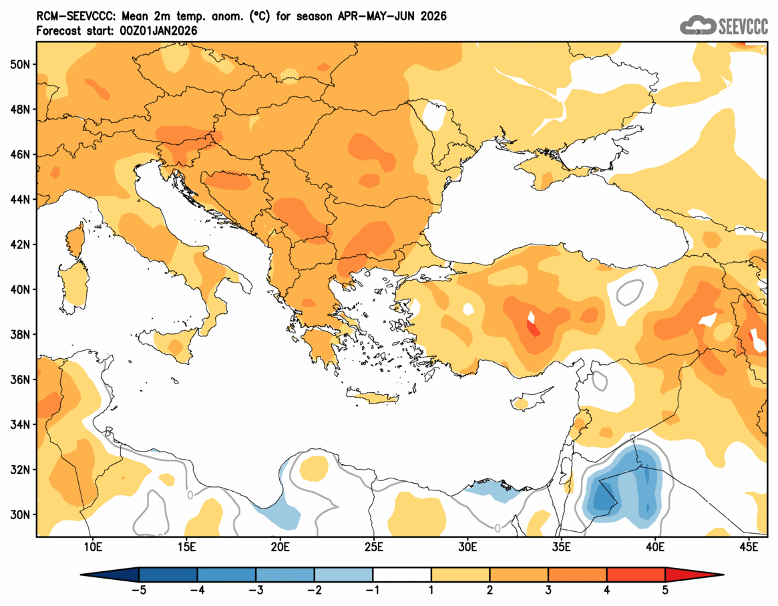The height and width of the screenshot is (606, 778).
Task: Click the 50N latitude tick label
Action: (21, 64)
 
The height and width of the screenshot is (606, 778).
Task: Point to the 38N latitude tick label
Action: (21, 335)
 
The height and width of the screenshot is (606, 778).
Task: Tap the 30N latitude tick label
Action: (21, 514)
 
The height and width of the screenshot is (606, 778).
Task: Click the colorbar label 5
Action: (665, 591)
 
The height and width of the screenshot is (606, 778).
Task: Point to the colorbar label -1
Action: (373, 591)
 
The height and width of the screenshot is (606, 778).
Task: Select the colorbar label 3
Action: (548, 591)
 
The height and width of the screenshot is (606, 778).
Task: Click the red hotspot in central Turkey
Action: (534, 329)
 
